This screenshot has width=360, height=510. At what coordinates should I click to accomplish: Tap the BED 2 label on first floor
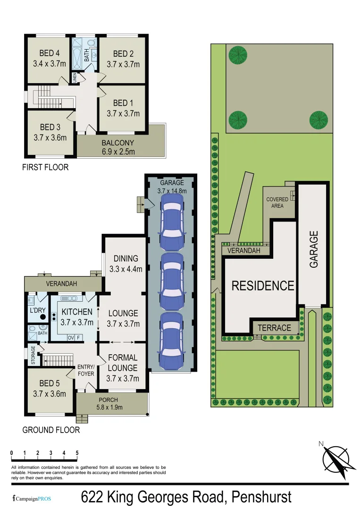(x=123, y=59)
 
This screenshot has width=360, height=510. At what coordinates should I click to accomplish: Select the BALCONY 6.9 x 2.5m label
(x=117, y=147)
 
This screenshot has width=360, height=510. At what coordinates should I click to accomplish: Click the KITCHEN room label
(x=77, y=317)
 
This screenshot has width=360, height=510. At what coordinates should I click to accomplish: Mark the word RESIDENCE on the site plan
(x=262, y=286)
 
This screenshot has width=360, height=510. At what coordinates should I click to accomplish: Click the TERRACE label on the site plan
(x=274, y=328)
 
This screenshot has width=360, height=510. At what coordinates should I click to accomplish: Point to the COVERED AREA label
(x=277, y=203)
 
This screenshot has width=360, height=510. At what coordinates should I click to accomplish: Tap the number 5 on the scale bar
(x=77, y=453)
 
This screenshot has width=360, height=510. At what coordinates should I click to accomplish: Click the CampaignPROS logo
(x=31, y=499)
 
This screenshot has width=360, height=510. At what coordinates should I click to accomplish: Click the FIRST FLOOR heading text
(x=45, y=167)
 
